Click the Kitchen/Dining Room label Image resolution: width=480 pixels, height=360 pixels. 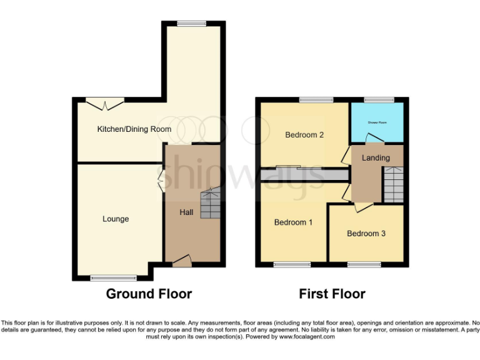pos(134,129)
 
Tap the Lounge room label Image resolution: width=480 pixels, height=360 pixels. pos(116,219)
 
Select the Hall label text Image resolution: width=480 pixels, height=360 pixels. pos(186,212)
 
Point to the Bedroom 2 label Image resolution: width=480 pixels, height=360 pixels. pos(304,134)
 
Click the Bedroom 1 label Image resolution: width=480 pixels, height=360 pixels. pos(293,222)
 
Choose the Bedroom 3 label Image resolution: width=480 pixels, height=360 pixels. pos(366,234)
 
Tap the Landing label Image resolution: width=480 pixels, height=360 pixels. pos(376,158)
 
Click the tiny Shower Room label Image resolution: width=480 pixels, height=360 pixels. pos(377,122)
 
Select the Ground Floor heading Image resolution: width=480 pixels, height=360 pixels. pos(149,294)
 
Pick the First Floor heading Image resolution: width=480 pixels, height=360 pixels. pos(332,294)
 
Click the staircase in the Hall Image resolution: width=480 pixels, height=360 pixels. pos(211,204)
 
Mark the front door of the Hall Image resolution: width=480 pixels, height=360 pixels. pos(182,261)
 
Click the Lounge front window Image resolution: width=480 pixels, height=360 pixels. pos(114,277)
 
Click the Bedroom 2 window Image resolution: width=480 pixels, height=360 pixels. pos(316,99)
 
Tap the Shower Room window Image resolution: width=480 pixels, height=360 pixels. pos(379,99)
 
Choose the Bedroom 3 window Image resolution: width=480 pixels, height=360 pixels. pos(364,265)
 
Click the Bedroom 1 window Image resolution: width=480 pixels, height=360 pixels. pos(291,265)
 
